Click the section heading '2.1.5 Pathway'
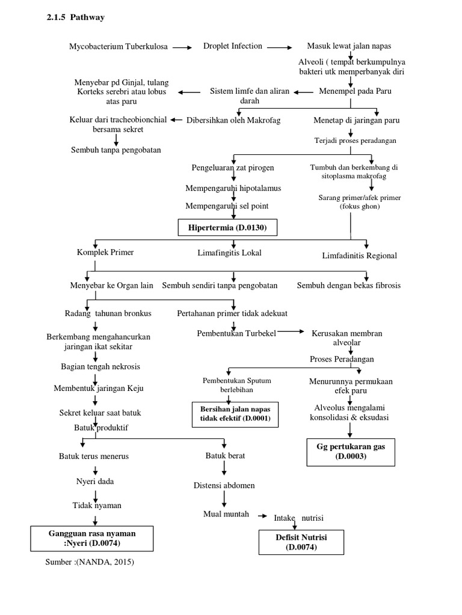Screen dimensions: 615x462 pyautogui.click(x=76, y=17)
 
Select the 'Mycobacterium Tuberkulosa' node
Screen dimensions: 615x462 pyautogui.click(x=119, y=46)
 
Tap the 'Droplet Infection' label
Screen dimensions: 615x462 pyautogui.click(x=232, y=46)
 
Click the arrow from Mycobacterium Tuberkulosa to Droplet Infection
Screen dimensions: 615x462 pyautogui.click(x=183, y=46)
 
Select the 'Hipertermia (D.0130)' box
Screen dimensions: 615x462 pyautogui.click(x=230, y=228)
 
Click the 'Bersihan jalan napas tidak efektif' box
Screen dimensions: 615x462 pyautogui.click(x=236, y=413)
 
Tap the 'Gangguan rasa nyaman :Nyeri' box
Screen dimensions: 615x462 pyautogui.click(x=91, y=538)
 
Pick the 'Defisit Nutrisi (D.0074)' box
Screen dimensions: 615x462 pyautogui.click(x=297, y=541)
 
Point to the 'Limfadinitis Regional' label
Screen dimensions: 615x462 pyautogui.click(x=360, y=256)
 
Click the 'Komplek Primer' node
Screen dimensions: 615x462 pyautogui.click(x=105, y=253)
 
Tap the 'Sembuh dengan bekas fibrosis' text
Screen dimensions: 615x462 pyautogui.click(x=348, y=285)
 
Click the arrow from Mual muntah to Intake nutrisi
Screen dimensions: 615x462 pyautogui.click(x=262, y=516)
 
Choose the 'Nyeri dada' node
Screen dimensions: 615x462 pyautogui.click(x=94, y=482)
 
